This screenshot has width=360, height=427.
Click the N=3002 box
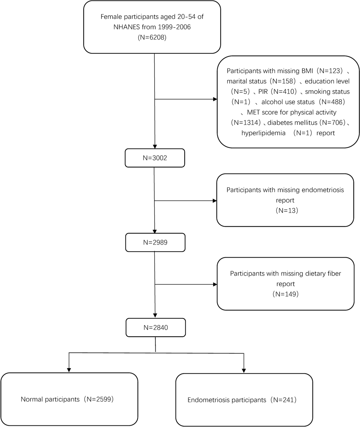(154, 158)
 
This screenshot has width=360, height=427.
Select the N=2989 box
(155, 242)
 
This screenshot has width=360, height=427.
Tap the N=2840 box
(155, 327)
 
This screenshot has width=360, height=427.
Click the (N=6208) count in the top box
(152, 38)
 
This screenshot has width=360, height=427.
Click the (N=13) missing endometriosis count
(285, 210)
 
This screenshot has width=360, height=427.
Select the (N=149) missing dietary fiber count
(285, 294)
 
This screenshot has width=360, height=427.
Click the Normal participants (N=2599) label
(67, 399)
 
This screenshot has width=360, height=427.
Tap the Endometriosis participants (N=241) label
(242, 400)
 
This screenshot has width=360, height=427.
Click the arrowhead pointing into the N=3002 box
(154, 146)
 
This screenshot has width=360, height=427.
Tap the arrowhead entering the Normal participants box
(69, 369)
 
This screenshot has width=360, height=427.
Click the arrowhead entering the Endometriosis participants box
(244, 370)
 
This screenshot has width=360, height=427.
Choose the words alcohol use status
(288, 102)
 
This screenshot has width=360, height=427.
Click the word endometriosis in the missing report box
(322, 190)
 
